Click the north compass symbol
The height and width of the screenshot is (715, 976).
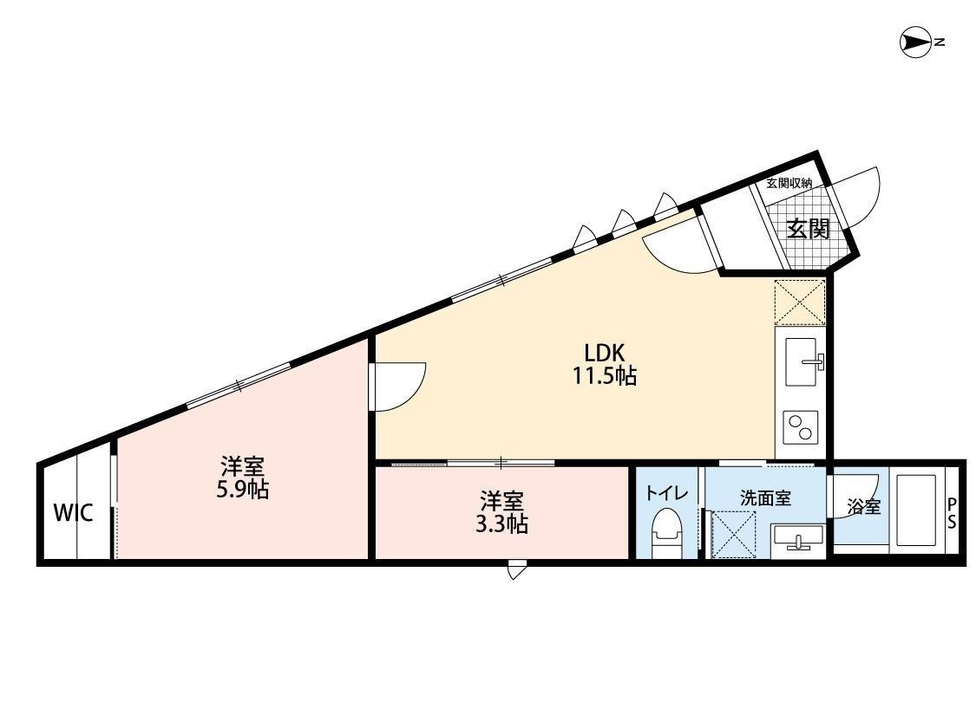(x=915, y=42)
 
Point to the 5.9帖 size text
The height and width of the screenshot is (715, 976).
(x=242, y=490)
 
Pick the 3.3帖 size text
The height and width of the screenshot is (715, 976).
(x=502, y=523)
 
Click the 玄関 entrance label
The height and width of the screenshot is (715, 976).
(x=808, y=230)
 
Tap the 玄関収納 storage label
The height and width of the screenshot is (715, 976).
(x=789, y=183)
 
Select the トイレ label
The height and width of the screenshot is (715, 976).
(x=666, y=494)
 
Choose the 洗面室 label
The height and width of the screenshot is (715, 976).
(x=764, y=498)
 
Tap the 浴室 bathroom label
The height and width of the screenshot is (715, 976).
(x=862, y=508)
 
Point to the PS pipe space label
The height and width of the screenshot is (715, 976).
(x=952, y=514)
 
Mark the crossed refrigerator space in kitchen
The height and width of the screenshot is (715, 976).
(x=800, y=302)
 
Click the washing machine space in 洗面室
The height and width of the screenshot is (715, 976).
(x=734, y=534)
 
